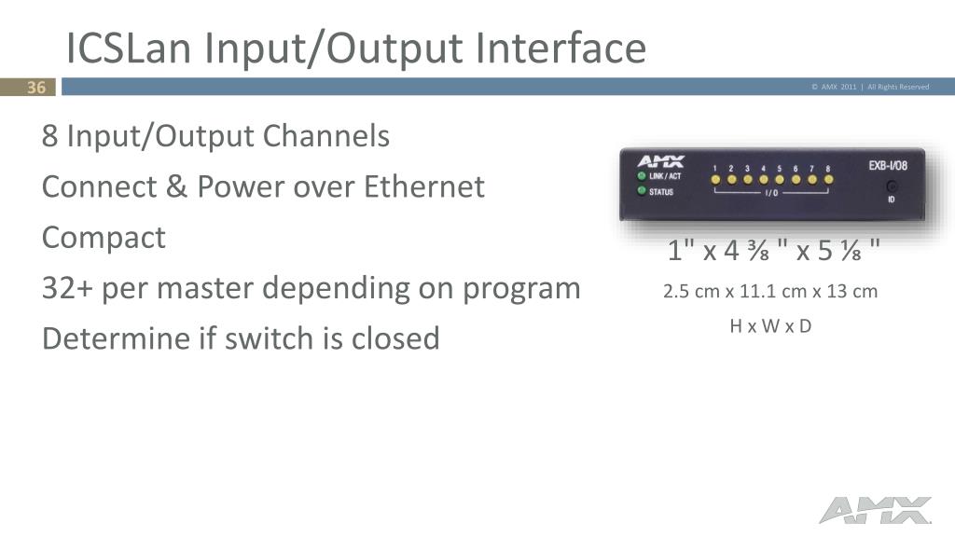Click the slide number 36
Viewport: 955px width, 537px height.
point(36,88)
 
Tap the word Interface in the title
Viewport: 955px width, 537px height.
point(559,48)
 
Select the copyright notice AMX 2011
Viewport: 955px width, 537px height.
point(834,88)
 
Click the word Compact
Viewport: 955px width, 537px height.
point(104,238)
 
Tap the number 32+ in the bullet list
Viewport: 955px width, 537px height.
point(65,288)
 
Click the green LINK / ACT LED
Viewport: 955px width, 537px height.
point(642,176)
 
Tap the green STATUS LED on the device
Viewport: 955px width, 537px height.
point(642,192)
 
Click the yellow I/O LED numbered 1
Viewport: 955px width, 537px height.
point(715,179)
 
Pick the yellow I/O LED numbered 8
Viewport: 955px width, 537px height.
point(827,179)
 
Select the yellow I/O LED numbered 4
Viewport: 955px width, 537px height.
point(763,179)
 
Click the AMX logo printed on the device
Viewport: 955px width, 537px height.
point(660,161)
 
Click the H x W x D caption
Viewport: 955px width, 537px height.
point(770,327)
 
